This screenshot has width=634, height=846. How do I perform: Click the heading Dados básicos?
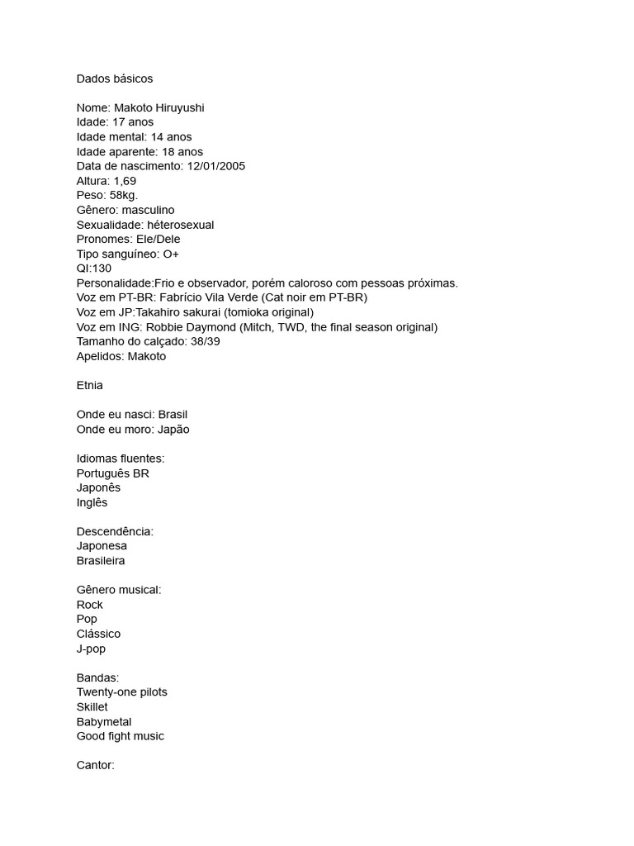(115, 78)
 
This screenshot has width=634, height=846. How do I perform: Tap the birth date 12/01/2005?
(216, 166)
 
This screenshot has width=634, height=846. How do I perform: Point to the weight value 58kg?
(124, 195)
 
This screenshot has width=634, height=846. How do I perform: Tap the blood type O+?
(171, 254)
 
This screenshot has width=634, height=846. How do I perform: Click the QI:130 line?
(94, 269)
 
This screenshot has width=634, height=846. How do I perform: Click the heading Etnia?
(90, 385)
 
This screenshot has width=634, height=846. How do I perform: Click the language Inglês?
(92, 502)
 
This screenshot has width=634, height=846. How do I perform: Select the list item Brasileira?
(101, 561)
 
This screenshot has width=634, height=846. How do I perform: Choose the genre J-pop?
(91, 649)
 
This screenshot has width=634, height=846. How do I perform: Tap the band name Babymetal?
(104, 721)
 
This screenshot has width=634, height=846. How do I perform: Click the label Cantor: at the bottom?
(96, 765)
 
